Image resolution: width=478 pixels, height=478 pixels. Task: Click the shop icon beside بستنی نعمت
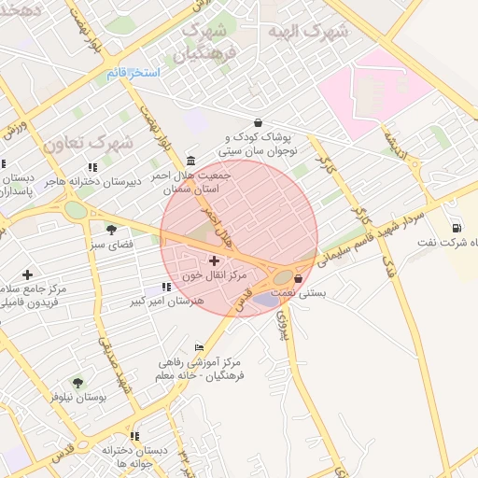298,278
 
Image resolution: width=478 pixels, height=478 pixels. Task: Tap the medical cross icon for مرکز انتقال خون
215,260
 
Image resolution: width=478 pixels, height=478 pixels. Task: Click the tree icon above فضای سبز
111,230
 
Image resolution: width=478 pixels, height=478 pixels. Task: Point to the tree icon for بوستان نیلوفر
77,382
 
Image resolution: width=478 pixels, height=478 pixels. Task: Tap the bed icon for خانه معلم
199,347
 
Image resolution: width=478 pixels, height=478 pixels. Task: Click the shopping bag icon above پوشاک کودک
258,122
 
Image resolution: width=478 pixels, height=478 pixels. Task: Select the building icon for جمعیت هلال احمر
190,160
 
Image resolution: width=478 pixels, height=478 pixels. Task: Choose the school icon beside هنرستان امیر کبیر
165,287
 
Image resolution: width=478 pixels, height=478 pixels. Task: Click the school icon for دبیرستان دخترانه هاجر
91,167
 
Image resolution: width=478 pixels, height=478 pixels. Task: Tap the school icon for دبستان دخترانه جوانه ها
134,436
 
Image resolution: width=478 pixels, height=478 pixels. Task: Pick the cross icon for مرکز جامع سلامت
27,274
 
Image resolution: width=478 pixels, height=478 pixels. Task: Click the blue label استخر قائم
133,73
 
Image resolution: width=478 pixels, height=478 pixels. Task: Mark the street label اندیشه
394,144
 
